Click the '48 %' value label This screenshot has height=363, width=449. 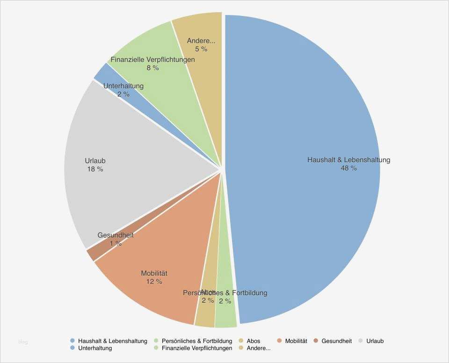(348, 168)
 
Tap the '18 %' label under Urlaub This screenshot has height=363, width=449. (95, 169)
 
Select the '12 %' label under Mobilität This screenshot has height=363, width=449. (154, 282)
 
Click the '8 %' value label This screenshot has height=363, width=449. (152, 68)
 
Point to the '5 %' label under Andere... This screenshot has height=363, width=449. (201, 49)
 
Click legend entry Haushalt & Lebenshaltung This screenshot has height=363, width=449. (112, 341)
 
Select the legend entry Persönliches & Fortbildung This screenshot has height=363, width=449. (196, 341)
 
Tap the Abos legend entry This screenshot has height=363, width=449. (253, 341)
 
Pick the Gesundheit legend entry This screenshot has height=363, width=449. (336, 341)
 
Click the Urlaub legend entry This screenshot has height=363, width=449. (375, 341)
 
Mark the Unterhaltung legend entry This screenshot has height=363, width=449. (95, 348)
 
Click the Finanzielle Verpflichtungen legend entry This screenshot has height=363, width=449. (196, 348)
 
